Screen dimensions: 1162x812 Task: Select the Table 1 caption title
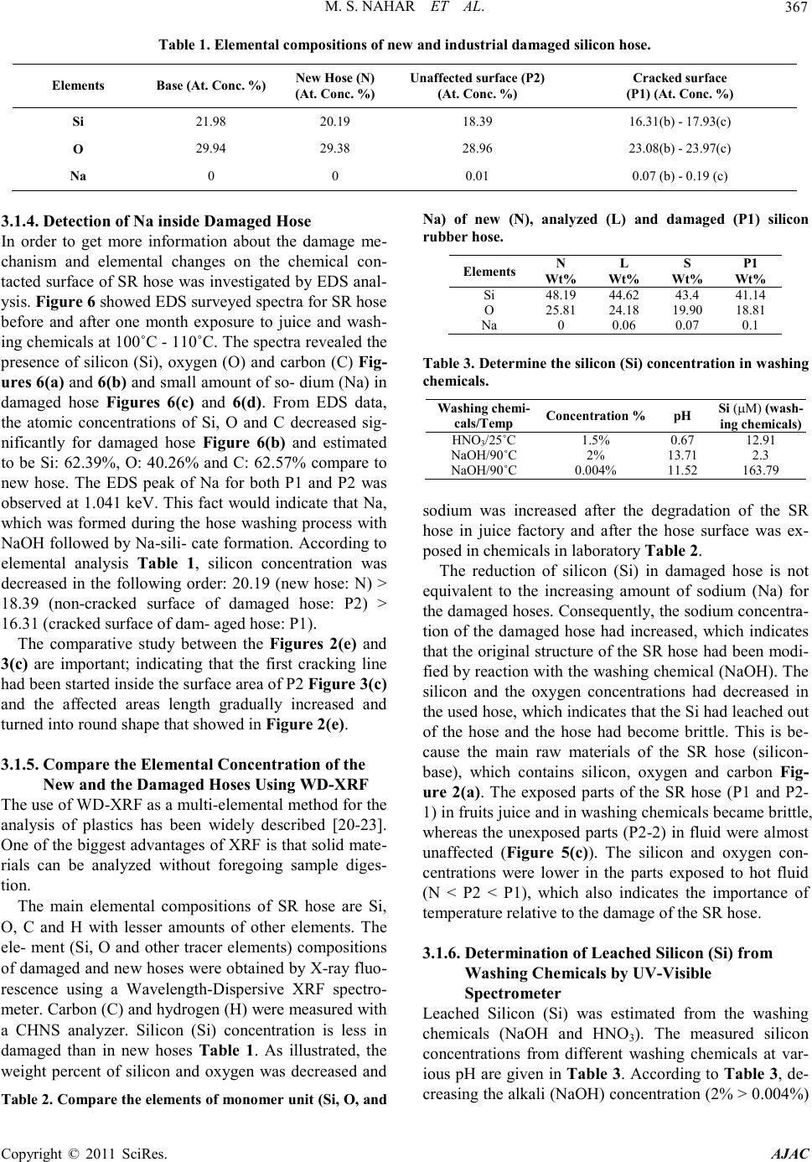(405, 43)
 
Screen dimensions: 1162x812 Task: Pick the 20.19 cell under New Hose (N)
(334, 121)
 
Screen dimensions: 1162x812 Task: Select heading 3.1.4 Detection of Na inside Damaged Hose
(158, 222)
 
